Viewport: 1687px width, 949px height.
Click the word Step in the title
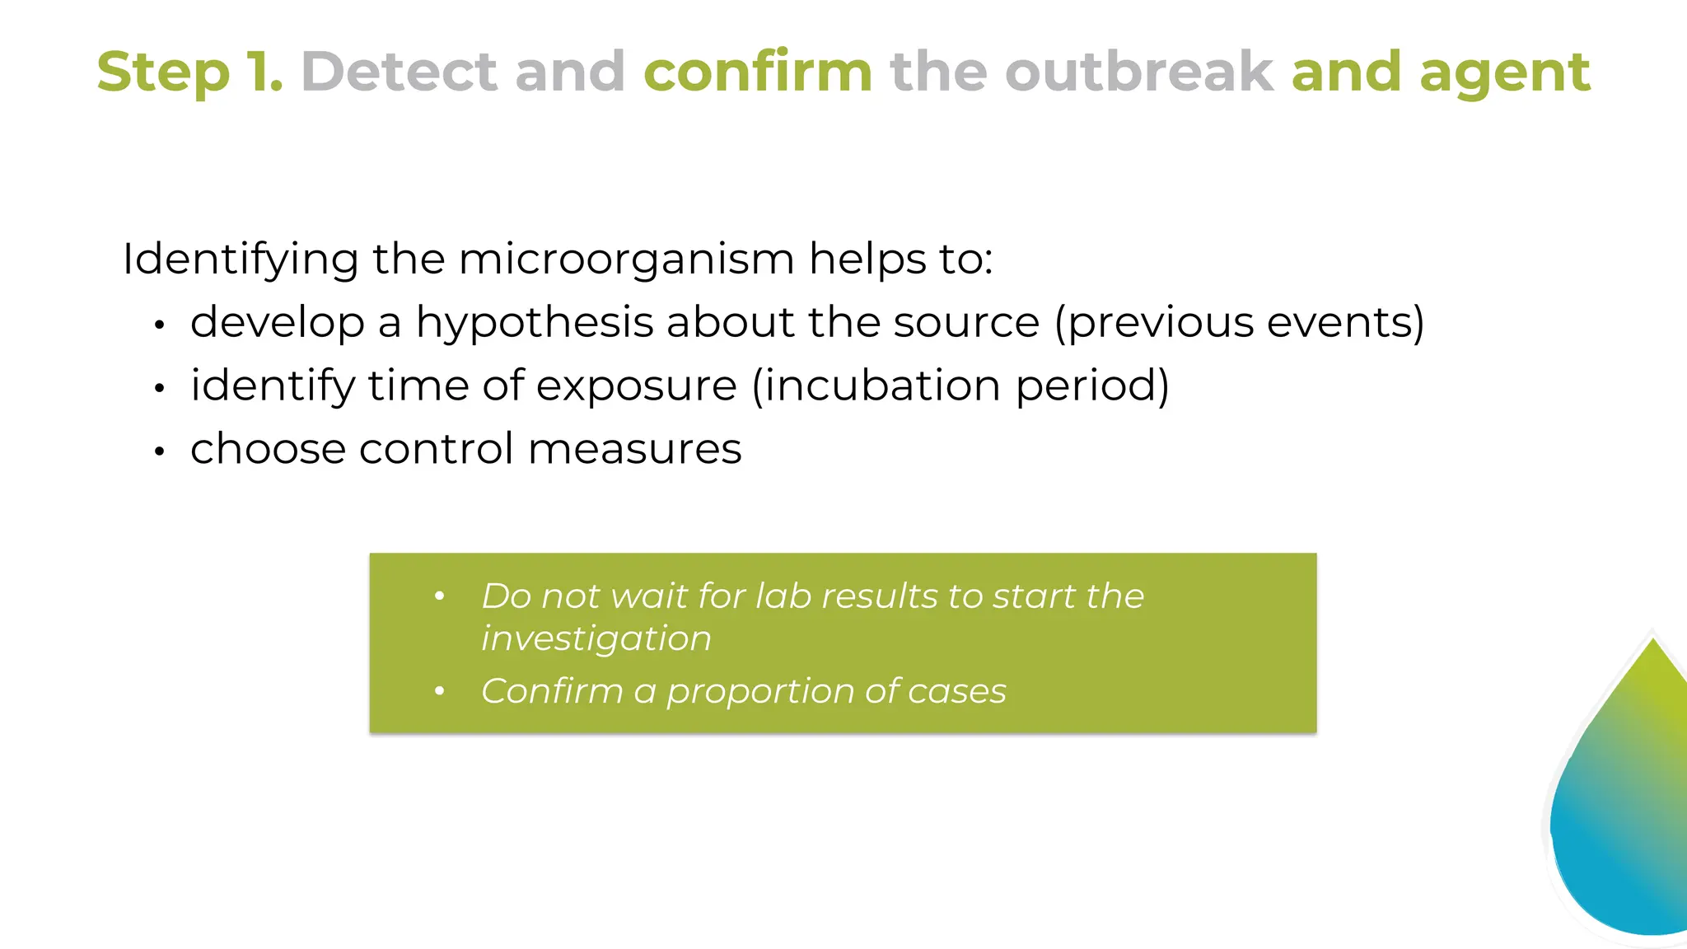[x=162, y=72]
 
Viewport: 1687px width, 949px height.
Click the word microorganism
[x=626, y=259]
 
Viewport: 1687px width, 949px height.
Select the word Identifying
[x=240, y=260]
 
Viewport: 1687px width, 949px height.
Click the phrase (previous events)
[x=1240, y=323]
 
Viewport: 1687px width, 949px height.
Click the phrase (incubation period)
[x=960, y=386]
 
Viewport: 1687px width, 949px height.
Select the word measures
[x=634, y=450]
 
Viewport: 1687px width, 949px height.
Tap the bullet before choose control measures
[x=160, y=451]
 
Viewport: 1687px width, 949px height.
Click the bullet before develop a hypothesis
[x=160, y=325]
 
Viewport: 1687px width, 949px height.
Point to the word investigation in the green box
[x=596, y=639]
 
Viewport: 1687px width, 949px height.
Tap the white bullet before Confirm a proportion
[x=440, y=691]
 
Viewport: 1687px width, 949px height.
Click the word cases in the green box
[x=956, y=692]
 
